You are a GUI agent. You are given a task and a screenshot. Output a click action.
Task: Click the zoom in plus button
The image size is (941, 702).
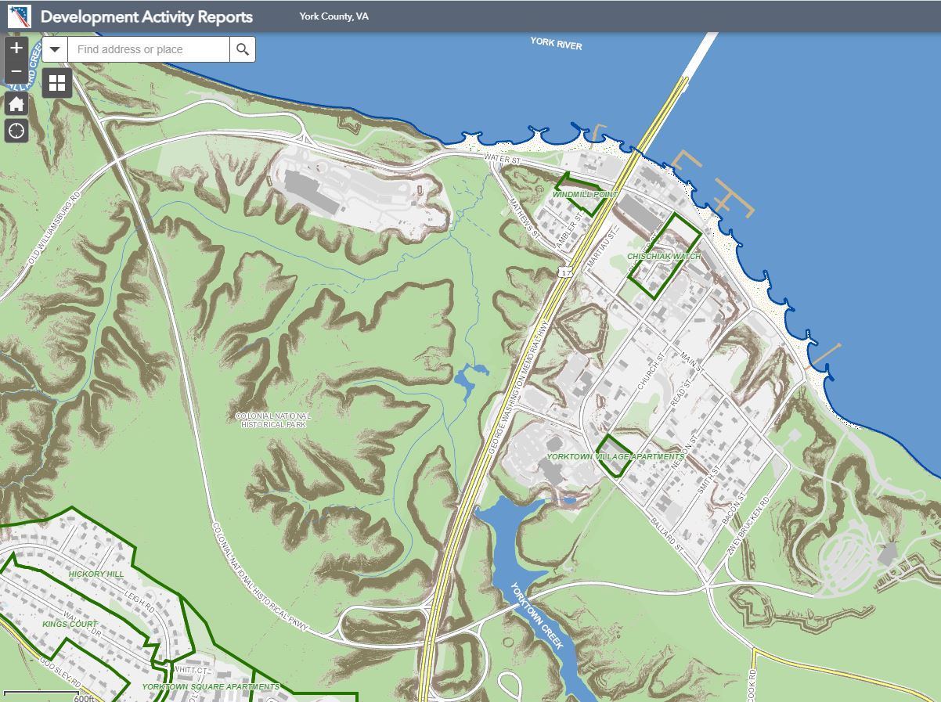[16, 49]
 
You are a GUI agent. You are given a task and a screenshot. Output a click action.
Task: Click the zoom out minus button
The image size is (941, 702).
[16, 71]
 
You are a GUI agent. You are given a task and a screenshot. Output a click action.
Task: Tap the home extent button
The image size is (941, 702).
[16, 104]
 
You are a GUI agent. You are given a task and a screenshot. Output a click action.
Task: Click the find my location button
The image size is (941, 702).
[16, 131]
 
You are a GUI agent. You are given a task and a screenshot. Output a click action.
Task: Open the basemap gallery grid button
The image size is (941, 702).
[57, 83]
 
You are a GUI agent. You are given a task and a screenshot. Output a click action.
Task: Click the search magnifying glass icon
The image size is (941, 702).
[243, 49]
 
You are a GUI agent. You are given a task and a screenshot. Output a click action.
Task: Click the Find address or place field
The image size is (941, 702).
[149, 49]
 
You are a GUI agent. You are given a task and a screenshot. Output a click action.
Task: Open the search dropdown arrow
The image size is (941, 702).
[55, 49]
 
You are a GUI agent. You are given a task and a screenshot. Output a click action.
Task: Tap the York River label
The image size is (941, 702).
[556, 43]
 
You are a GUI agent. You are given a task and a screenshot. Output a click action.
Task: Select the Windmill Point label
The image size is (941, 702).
[585, 194]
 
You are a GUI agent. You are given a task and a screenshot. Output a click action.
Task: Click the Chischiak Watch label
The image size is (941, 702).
[664, 257]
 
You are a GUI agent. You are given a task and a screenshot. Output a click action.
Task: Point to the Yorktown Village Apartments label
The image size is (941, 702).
[615, 456]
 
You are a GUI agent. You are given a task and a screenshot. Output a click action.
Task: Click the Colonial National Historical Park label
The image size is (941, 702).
[273, 420]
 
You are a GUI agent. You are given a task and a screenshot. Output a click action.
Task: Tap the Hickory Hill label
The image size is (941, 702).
[96, 574]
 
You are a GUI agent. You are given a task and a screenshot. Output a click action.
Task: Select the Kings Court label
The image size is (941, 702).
[70, 625]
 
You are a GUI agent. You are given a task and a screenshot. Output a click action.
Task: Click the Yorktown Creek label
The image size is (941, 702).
[536, 615]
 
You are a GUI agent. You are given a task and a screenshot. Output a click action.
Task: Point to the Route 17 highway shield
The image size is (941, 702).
[565, 272]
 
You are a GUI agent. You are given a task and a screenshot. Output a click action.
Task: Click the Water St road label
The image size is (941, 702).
[503, 160]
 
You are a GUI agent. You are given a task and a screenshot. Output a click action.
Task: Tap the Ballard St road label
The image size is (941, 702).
[668, 535]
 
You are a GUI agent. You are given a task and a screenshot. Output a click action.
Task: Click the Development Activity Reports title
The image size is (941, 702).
[146, 16]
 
